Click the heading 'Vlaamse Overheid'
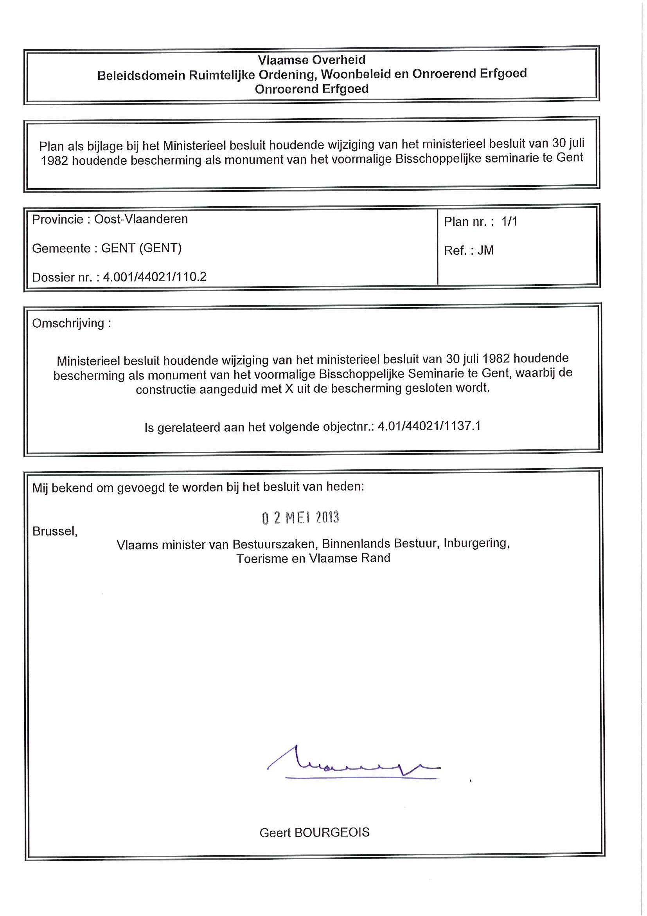click(x=311, y=60)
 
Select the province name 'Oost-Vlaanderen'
click(x=141, y=219)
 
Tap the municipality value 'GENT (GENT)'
click(x=141, y=248)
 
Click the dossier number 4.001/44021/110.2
click(x=155, y=276)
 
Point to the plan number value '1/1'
click(x=509, y=222)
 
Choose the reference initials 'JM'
click(x=485, y=250)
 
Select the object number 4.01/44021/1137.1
click(x=429, y=426)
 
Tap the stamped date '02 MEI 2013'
click(x=300, y=518)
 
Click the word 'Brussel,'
click(x=55, y=531)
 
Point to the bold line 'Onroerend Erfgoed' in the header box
click(x=311, y=89)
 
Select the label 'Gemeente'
click(x=61, y=248)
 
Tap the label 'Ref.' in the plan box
click(x=455, y=251)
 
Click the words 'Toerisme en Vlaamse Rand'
click(x=313, y=558)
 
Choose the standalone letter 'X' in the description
click(x=289, y=389)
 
